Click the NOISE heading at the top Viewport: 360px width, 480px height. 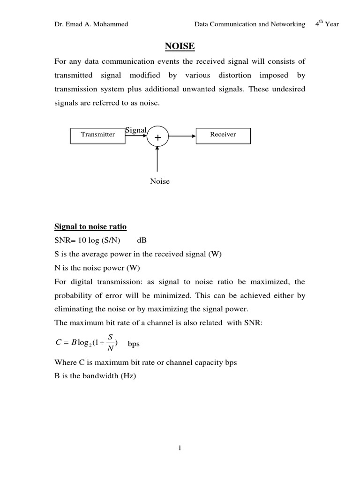(180, 46)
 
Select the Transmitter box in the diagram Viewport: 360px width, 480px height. (98, 135)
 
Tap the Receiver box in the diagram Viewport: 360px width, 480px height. (223, 135)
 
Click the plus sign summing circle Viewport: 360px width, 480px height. (157, 137)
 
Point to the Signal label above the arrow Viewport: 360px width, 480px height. (136, 130)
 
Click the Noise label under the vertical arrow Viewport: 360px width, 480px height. (159, 181)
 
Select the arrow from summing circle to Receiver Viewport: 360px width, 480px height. (182, 136)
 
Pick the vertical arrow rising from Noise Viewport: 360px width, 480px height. (157, 159)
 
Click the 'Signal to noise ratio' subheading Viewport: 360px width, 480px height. (90, 227)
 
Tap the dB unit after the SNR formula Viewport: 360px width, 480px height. (142, 240)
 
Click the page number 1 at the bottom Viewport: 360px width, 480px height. (180, 448)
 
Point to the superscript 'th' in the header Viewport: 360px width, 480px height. (321, 22)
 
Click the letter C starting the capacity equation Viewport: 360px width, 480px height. (58, 343)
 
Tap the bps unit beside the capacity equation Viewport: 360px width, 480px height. (134, 344)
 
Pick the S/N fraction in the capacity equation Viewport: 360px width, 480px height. (110, 342)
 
